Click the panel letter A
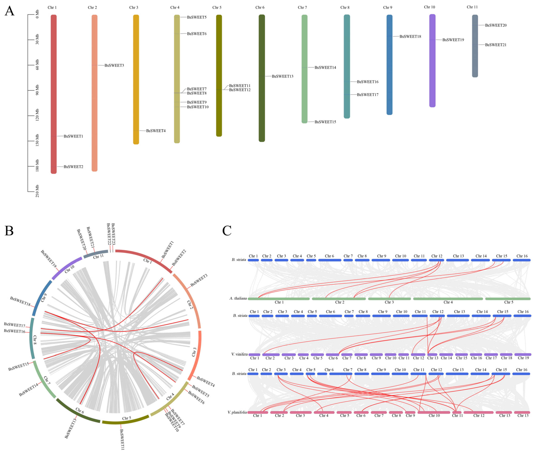pos(9,11)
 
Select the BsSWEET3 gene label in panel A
pos(114,65)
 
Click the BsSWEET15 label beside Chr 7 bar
pos(325,122)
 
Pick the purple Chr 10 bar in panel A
pos(432,61)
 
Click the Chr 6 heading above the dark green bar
pos(260,7)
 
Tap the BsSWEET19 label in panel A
pos(453,40)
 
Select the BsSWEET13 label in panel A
pos(283,76)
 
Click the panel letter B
pos(9,231)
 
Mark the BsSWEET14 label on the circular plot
pos(28,389)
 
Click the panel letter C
pos(227,231)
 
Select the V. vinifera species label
pos(239,354)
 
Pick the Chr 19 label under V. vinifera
pos(523,358)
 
